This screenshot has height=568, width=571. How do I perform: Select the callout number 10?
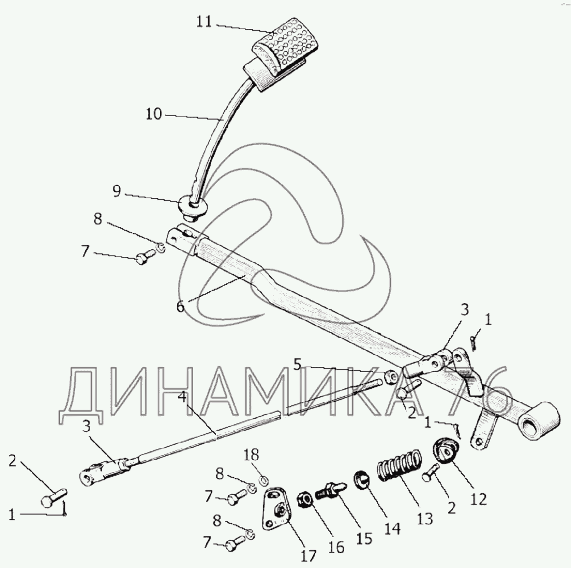pyautogui.click(x=153, y=114)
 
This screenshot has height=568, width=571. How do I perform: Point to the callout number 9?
pyautogui.click(x=116, y=191)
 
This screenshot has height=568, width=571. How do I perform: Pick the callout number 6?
pyautogui.click(x=180, y=307)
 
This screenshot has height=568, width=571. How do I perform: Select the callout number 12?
pyautogui.click(x=478, y=498)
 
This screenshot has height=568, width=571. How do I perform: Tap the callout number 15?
pyautogui.click(x=364, y=538)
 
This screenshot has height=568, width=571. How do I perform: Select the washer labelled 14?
pyautogui.click(x=363, y=478)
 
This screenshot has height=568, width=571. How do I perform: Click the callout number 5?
pyautogui.click(x=298, y=364)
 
